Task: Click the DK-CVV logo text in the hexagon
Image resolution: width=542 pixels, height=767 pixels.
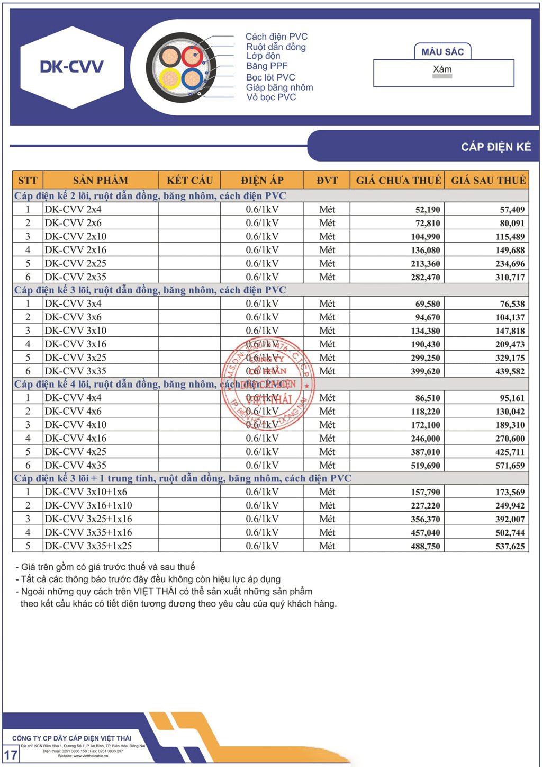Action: (71, 67)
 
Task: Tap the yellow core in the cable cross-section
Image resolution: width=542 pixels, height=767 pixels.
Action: (170, 78)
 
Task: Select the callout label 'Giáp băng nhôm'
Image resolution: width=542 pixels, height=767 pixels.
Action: (279, 87)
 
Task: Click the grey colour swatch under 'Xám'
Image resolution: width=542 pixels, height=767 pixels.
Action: (442, 77)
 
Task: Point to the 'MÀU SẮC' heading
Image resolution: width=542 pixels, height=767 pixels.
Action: (442, 52)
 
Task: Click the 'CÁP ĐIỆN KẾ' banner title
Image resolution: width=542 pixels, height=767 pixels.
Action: (495, 147)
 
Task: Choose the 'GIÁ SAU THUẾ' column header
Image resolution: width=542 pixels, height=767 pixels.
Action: (487, 180)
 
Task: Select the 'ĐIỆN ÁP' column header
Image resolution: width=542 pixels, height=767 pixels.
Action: (262, 180)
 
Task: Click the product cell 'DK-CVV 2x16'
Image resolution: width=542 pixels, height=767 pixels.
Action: (76, 250)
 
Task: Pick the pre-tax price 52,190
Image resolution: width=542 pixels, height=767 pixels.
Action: (428, 210)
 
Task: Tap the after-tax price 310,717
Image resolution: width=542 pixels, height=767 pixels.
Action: (510, 277)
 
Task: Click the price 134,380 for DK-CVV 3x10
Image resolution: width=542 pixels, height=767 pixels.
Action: (426, 331)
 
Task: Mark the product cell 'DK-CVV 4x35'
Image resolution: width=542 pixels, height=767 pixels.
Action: (76, 466)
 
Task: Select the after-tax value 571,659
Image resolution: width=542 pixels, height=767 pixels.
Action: (510, 466)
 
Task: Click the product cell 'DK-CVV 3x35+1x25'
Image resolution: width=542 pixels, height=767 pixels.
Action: (88, 546)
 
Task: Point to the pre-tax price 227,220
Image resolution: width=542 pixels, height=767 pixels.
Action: (426, 506)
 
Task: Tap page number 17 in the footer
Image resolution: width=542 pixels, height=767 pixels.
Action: (11, 754)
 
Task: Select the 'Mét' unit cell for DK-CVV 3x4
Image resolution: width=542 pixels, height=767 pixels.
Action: (327, 304)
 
